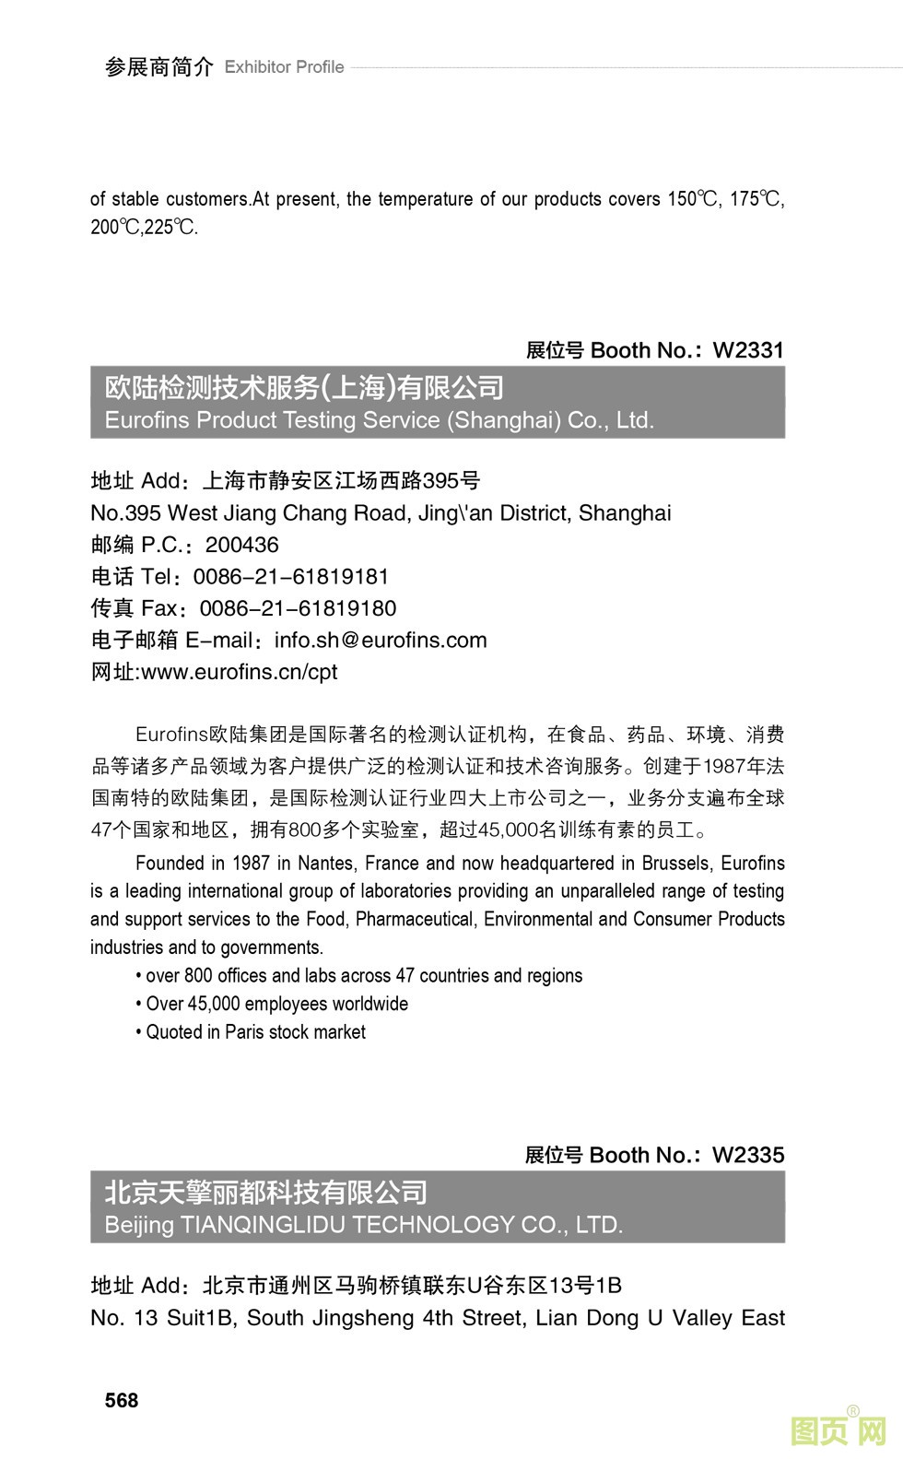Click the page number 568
point(122,1400)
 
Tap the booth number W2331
point(748,350)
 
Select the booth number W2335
point(748,1155)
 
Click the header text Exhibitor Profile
point(284,67)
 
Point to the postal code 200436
point(241,545)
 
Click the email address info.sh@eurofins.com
point(381,640)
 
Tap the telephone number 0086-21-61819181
point(291,577)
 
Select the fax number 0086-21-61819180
point(298,608)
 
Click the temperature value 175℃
point(756,199)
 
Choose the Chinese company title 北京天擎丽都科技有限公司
point(266,1193)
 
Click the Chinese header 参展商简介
point(159,67)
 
